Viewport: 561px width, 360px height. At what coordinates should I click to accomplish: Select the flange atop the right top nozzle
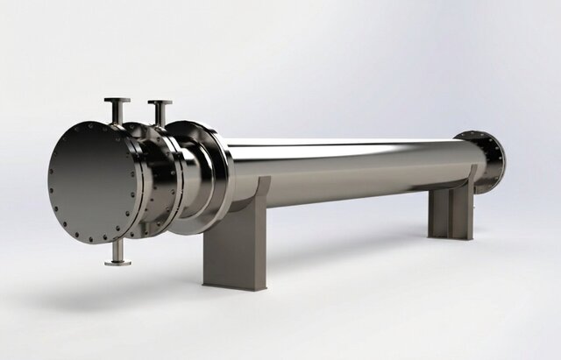pos(160,103)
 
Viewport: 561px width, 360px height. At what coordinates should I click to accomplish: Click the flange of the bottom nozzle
pos(117,261)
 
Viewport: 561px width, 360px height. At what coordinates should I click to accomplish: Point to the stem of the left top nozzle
pos(117,113)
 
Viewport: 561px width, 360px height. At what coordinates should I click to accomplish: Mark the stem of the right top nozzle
pos(160,115)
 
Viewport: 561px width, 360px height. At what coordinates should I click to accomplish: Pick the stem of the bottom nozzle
pos(117,250)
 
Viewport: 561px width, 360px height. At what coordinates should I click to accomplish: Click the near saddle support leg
pos(235,236)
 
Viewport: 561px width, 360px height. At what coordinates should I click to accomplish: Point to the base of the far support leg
pos(451,236)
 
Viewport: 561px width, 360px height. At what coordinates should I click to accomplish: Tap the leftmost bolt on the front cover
pos(52,183)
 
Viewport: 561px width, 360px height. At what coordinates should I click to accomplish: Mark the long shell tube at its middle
pos(351,171)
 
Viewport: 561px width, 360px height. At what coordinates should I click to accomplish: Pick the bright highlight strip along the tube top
pos(351,144)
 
